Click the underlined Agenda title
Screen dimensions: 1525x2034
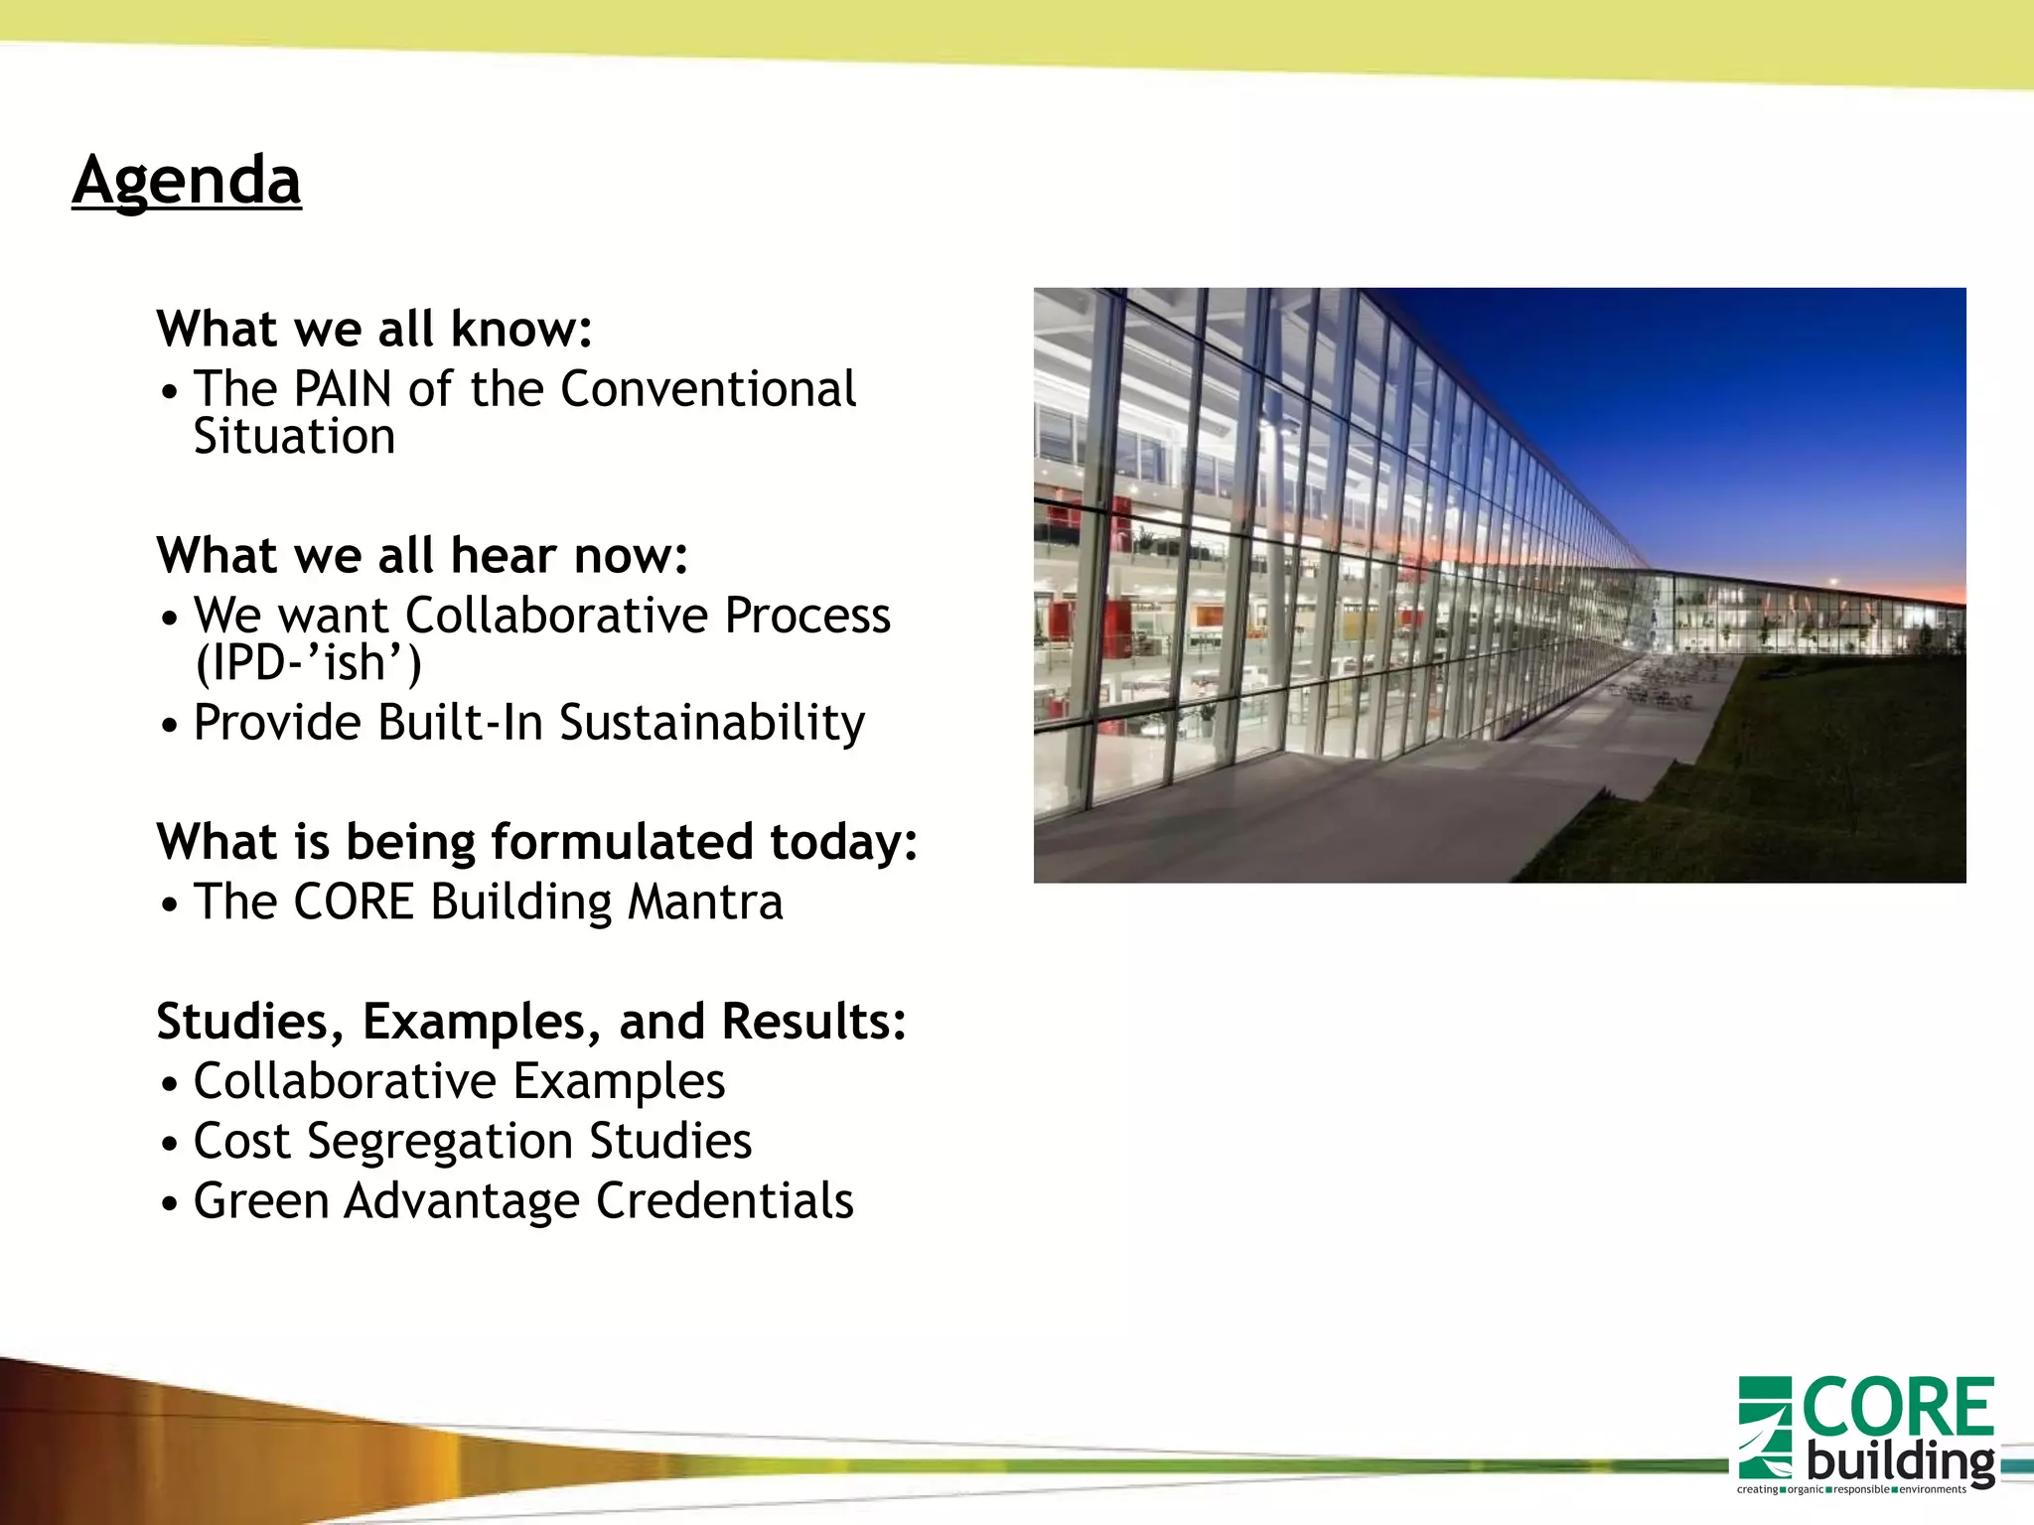click(x=187, y=181)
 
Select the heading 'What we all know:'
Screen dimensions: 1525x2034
click(x=374, y=329)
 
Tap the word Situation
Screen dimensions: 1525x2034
click(x=294, y=437)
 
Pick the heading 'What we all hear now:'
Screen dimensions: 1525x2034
click(x=422, y=555)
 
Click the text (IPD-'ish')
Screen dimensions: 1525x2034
click(x=308, y=663)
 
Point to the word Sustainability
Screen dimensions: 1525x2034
click(x=711, y=723)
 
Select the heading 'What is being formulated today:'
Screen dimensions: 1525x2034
click(x=536, y=842)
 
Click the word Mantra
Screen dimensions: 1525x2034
click(x=705, y=902)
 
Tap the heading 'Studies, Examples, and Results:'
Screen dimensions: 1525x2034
click(x=531, y=1022)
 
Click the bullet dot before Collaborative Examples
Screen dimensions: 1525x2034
click(x=170, y=1084)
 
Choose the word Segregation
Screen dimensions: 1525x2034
click(x=440, y=1142)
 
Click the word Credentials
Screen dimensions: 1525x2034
click(x=724, y=1201)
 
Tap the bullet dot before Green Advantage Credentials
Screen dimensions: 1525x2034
click(x=170, y=1204)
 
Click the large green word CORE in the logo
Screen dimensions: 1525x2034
click(x=1897, y=1408)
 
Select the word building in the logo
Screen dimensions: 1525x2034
click(x=1899, y=1460)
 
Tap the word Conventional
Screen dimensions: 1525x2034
click(x=707, y=388)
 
